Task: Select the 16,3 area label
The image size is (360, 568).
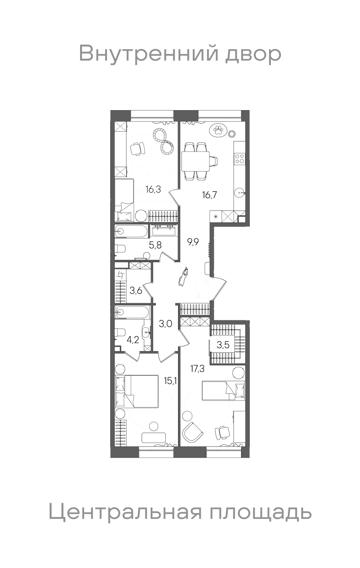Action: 153,189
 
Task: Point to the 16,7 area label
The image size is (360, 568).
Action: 209,195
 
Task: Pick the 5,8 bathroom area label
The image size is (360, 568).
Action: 155,245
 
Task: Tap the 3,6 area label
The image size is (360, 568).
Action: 136,290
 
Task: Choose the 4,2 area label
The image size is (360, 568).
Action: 133,340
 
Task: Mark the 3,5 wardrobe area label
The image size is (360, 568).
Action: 223,345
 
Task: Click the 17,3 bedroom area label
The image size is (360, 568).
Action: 198,369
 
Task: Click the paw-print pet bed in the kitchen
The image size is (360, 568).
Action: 218,130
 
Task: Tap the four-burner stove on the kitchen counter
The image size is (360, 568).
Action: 240,159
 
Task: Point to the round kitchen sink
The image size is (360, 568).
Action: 240,194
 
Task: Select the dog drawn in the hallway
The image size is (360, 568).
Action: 183,276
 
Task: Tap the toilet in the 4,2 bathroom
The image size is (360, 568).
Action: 120,332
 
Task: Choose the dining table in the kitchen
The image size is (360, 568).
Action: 195,161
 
